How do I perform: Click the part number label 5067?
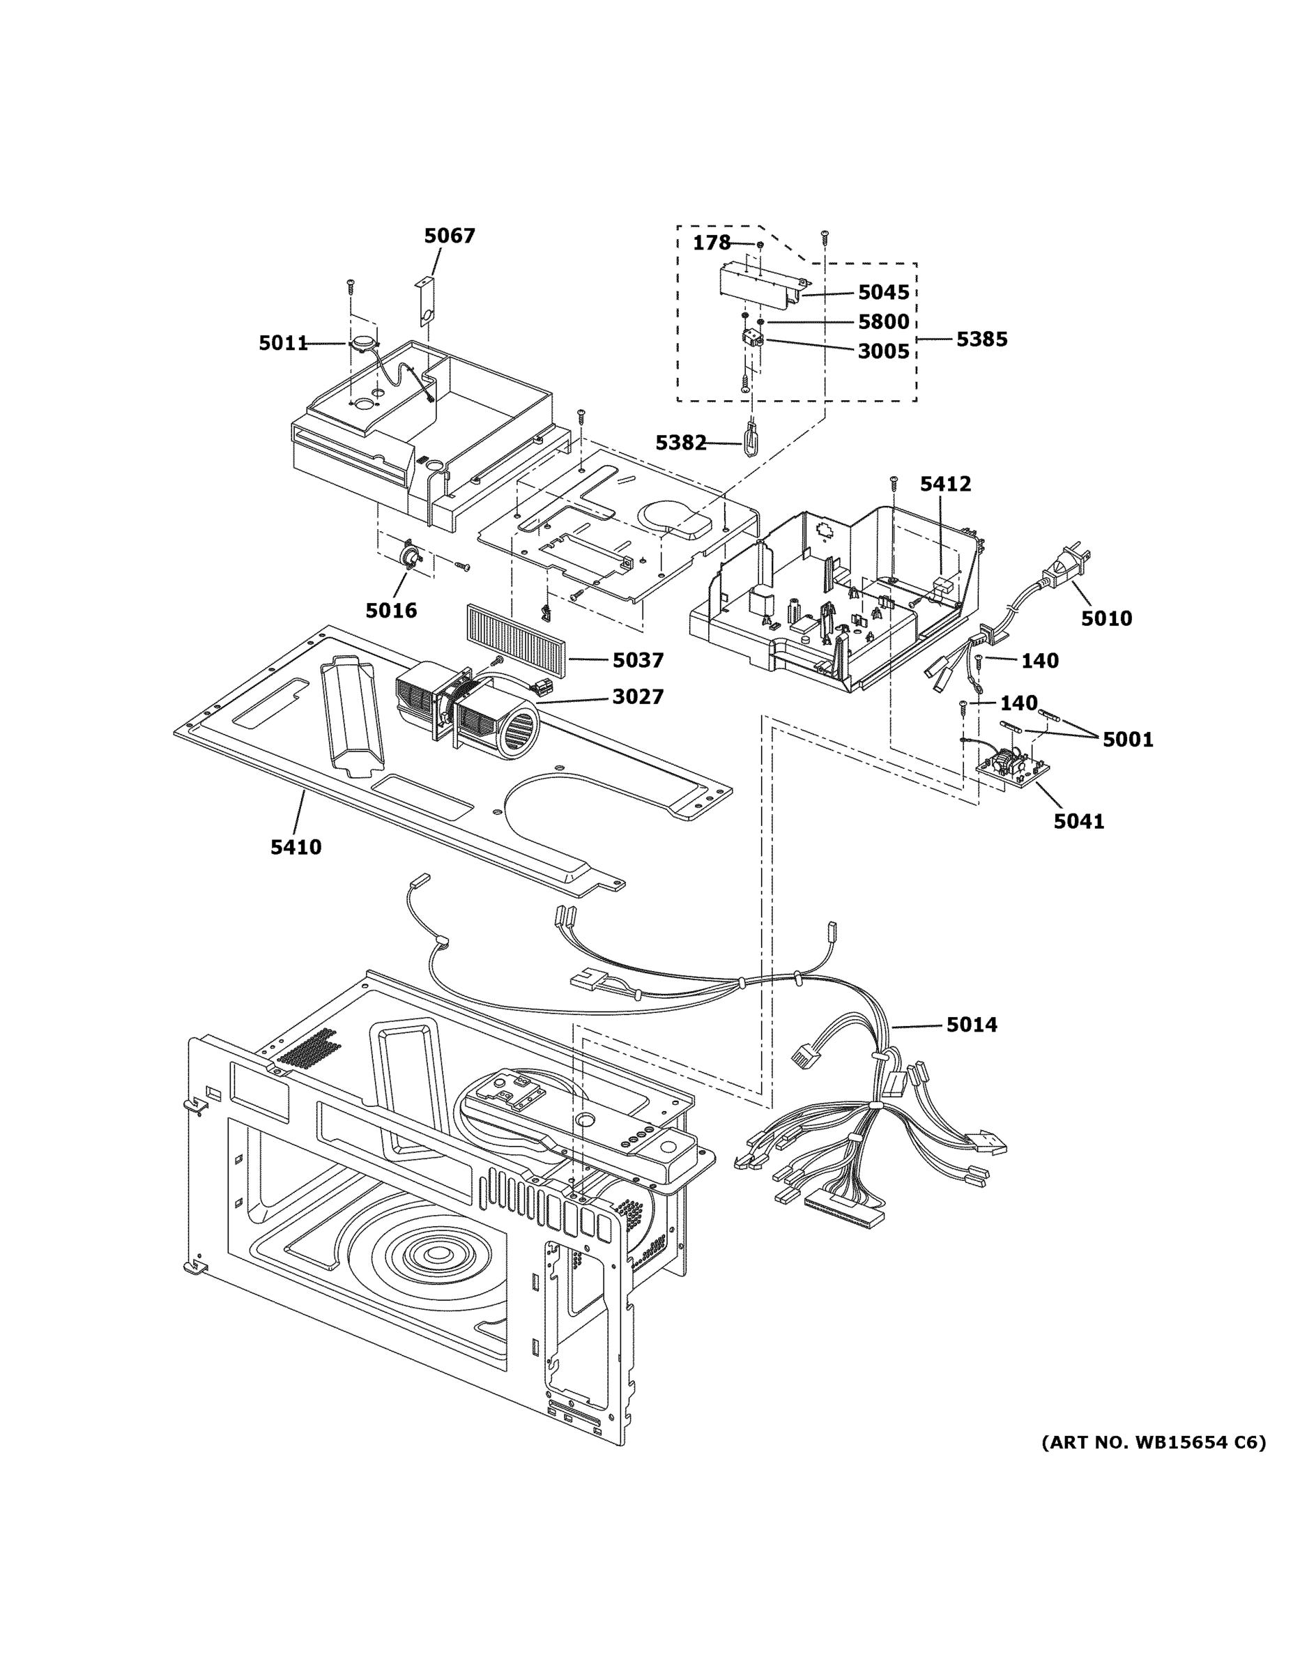pos(450,236)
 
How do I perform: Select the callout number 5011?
pos(283,343)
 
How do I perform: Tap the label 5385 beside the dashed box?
pos(981,339)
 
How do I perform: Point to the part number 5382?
pos(680,443)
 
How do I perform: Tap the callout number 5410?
pos(296,847)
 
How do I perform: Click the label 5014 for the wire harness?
pos(971,1024)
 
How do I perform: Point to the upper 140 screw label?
pos(1039,660)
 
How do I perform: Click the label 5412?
pos(945,484)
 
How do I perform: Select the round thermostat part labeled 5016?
pos(411,555)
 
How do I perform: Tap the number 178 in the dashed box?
pos(711,243)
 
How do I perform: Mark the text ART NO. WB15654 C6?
pos(1153,1442)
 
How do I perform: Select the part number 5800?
pos(883,322)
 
